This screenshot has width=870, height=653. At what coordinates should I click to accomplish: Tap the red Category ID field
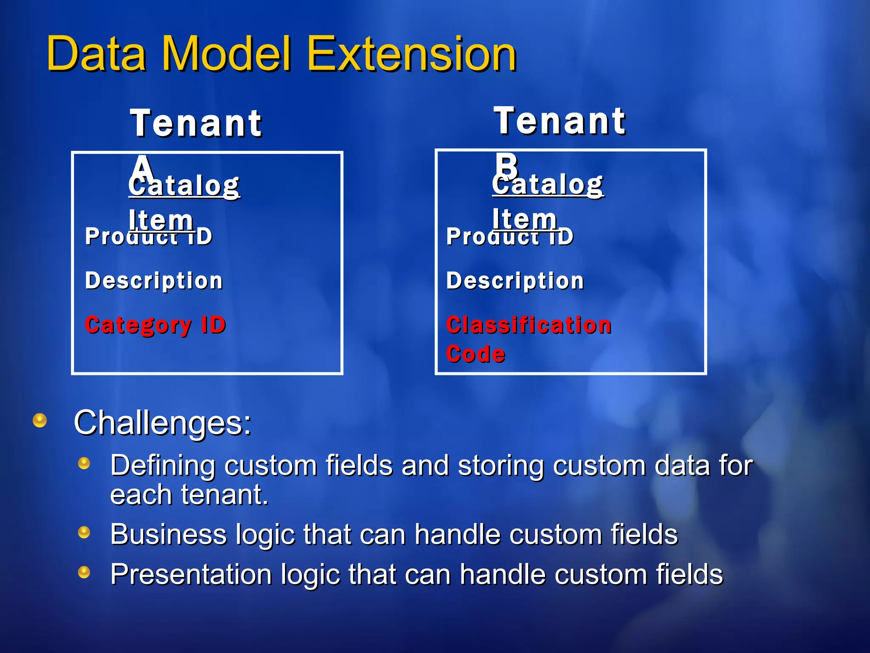click(155, 325)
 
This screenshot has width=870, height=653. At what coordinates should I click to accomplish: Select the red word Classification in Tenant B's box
click(528, 325)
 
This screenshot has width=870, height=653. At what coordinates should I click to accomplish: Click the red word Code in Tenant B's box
click(475, 354)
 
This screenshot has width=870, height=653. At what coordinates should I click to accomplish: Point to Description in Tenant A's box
click(154, 281)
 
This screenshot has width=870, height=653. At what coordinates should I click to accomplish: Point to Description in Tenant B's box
click(515, 281)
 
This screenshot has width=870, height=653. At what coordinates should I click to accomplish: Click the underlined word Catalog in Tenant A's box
click(184, 186)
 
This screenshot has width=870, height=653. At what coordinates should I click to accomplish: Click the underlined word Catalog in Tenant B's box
click(548, 185)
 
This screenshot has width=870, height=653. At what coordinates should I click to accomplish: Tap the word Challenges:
click(163, 423)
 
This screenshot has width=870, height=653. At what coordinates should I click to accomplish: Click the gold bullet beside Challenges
click(40, 420)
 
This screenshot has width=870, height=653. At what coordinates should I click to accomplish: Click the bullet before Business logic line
click(84, 532)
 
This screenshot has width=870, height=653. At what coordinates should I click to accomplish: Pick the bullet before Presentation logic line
click(84, 572)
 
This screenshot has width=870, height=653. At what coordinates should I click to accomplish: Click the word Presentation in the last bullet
click(191, 574)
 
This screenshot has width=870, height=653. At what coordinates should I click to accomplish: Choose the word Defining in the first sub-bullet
click(163, 466)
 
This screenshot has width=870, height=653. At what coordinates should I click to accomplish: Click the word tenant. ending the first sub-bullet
click(225, 495)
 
